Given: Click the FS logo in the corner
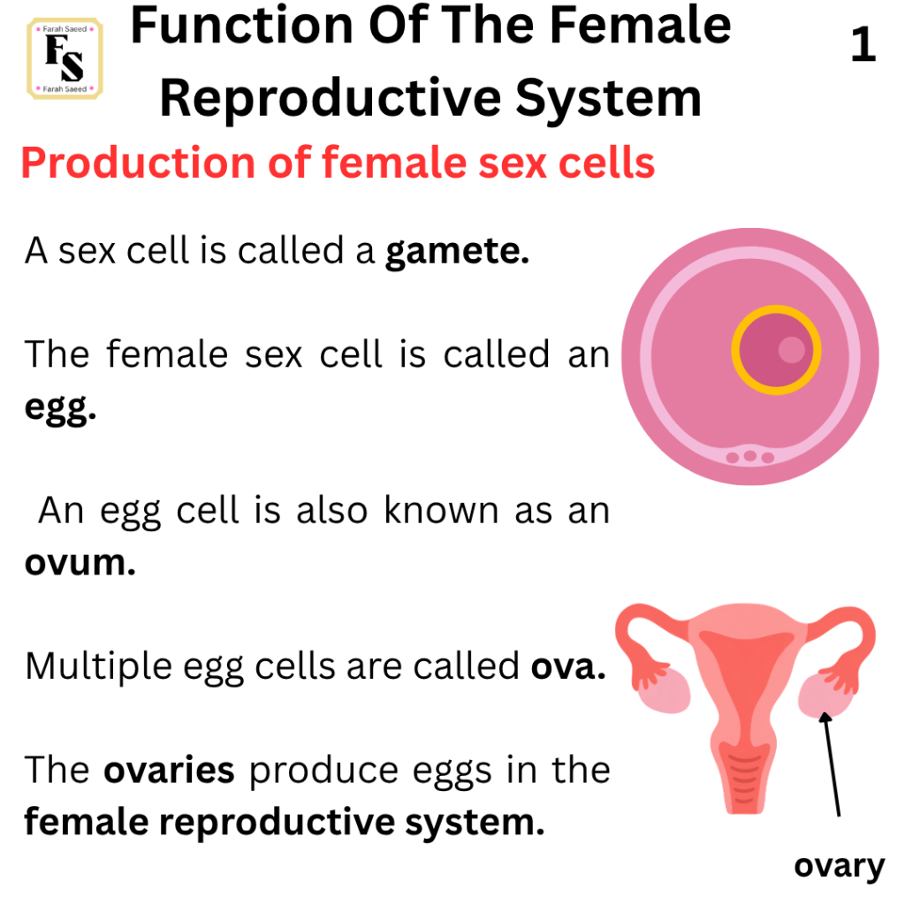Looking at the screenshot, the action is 65,58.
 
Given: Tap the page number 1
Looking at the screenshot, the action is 863,44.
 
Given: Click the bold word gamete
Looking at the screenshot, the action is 457,252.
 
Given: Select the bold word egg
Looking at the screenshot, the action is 60,408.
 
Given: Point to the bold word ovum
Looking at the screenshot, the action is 80,563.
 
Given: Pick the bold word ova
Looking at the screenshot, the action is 568,667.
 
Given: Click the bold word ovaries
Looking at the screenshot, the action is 169,770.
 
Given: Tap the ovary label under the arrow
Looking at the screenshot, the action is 840,866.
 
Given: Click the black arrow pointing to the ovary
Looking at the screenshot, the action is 833,764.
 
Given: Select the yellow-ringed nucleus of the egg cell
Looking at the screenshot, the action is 776,350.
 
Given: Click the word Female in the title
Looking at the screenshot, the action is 640,27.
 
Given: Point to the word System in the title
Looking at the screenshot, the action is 608,99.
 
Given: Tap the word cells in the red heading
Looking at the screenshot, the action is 606,163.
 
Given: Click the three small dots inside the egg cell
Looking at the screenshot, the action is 749,457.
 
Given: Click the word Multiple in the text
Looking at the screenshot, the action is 99,667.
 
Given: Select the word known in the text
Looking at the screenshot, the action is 442,510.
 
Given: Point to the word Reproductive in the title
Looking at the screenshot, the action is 331,99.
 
